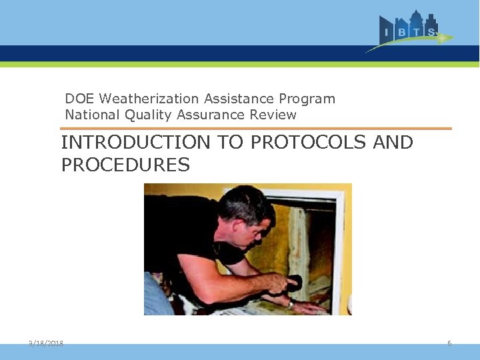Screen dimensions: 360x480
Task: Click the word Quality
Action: pos(147,115)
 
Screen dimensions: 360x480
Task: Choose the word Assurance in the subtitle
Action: pos(211,115)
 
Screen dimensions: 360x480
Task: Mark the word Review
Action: pos(273,115)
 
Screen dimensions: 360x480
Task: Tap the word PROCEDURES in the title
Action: pos(125,165)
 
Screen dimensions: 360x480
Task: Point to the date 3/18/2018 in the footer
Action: pos(46,343)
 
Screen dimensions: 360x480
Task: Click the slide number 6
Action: pos(449,343)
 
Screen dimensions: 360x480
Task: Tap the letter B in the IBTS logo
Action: pos(400,32)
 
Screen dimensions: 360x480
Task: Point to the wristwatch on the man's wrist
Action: pos(291,303)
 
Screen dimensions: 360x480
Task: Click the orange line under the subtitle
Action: pos(256,129)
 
